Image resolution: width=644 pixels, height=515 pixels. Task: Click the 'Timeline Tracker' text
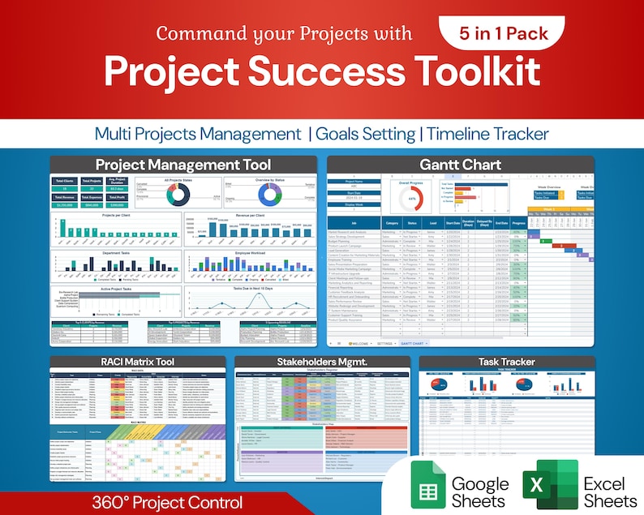pos(488,133)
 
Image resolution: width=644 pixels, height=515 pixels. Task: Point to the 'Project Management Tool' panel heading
pos(178,165)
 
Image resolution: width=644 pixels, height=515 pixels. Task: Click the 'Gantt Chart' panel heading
pos(460,165)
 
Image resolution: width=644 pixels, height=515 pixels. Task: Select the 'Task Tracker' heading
pos(506,362)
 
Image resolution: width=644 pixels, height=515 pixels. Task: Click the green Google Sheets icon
pos(425,485)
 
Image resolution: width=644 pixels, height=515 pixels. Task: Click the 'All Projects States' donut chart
pos(178,195)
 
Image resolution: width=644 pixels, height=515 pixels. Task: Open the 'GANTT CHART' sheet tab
pos(431,343)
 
